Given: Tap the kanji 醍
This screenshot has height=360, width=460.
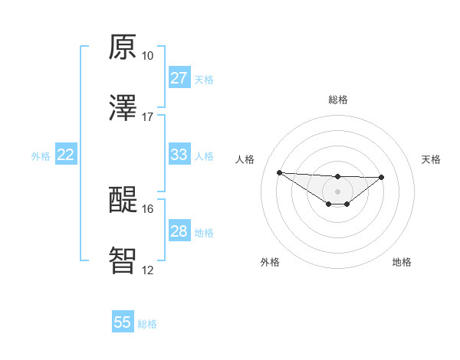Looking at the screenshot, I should tap(123, 201).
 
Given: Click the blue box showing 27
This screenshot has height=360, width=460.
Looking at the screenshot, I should tap(179, 78).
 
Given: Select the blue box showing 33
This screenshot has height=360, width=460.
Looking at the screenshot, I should tap(179, 155).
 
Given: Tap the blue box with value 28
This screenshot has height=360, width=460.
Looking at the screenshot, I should tap(179, 231).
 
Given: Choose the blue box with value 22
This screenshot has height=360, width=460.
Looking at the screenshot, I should tap(66, 155).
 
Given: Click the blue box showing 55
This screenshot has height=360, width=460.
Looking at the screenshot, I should tap(123, 322).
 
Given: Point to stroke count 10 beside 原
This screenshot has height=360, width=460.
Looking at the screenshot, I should tap(148, 56).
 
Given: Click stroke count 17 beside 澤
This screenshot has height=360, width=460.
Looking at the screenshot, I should tap(148, 117).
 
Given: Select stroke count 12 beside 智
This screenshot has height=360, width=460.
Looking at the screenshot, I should tap(148, 270).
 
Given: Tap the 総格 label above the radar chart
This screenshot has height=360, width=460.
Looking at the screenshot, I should tap(338, 100).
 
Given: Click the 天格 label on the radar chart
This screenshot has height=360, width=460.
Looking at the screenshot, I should tap(432, 159).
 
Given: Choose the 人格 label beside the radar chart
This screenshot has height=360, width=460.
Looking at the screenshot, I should tap(246, 159).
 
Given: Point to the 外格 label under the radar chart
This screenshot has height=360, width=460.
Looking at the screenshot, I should tap(270, 262).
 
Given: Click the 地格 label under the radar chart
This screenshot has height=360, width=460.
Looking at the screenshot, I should tap(402, 262).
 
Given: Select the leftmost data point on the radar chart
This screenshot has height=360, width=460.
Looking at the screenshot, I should tap(280, 172).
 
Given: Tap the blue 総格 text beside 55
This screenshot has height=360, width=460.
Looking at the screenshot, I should tap(148, 324).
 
